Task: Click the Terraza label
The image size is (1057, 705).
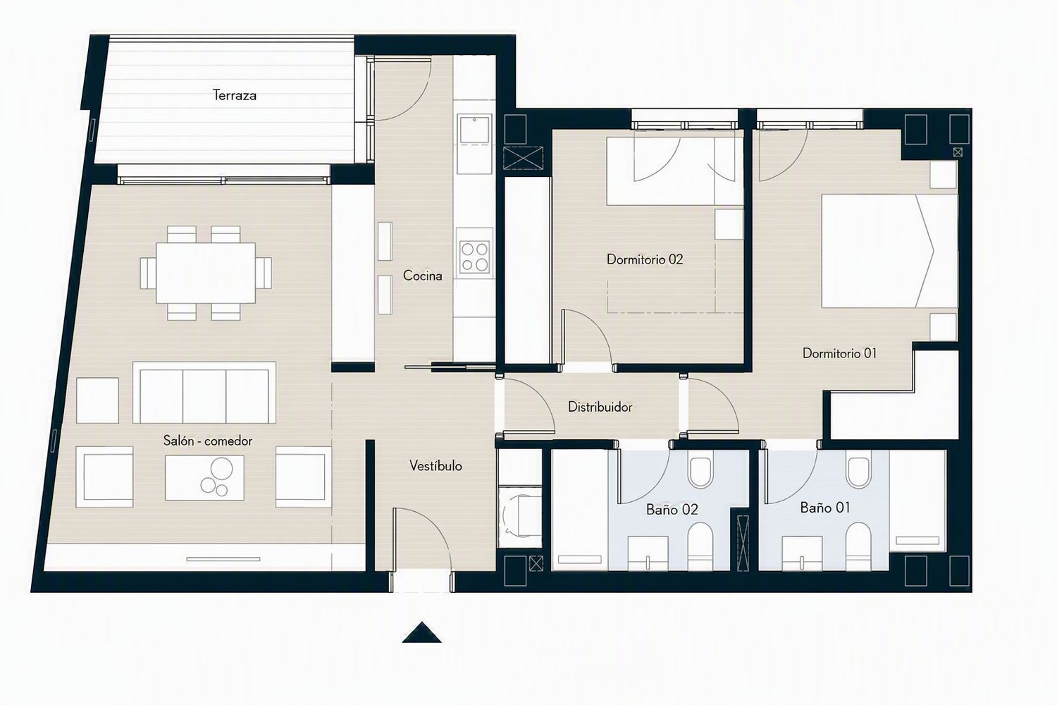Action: (x=235, y=95)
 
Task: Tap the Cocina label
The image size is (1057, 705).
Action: (x=422, y=276)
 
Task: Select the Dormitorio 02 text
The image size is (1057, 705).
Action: (x=645, y=259)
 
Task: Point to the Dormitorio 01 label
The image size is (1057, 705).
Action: (x=839, y=353)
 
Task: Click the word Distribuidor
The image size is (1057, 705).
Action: (x=600, y=407)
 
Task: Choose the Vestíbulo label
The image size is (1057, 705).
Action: (x=435, y=466)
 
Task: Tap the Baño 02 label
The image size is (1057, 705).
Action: (x=672, y=510)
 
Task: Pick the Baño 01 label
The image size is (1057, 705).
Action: (x=825, y=508)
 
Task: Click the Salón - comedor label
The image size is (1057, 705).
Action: (x=208, y=441)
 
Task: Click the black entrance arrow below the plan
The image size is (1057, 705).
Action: (x=421, y=633)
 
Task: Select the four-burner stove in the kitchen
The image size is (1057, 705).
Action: (x=475, y=257)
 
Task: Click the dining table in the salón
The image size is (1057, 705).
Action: (x=206, y=273)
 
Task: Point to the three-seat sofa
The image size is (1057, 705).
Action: (x=204, y=393)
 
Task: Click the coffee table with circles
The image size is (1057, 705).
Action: (x=204, y=477)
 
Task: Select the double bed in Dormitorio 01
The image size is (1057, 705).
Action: (x=889, y=251)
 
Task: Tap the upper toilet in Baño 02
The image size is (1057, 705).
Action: (x=700, y=471)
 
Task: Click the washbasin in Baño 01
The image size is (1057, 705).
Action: (x=802, y=553)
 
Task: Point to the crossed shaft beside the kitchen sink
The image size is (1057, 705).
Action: (x=524, y=158)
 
